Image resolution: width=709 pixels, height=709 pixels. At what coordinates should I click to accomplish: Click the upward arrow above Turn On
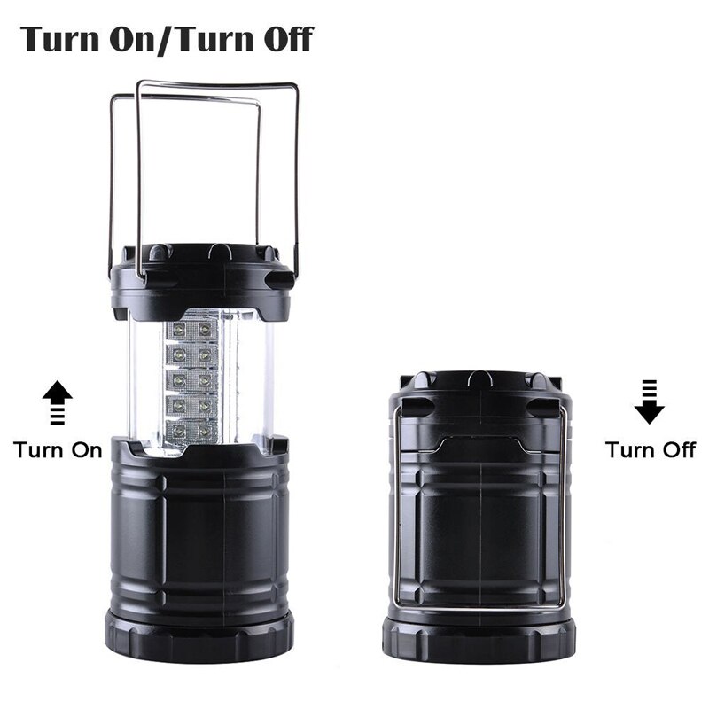58,402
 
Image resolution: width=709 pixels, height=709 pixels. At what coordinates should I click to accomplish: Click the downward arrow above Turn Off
649,400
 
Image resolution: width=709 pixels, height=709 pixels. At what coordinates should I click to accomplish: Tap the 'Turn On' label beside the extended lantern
58,449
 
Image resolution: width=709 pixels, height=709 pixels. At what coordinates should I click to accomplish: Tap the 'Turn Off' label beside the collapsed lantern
651,449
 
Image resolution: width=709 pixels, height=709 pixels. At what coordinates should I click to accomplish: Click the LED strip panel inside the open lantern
192,381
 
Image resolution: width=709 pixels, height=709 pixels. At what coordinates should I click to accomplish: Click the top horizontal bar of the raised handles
217,85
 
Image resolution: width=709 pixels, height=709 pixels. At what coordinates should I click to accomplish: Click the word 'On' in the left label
86,449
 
